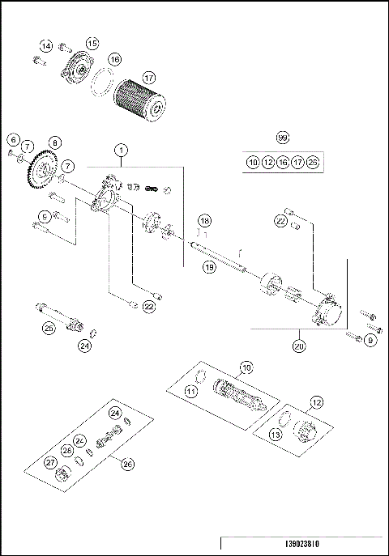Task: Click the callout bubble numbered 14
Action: (46, 46)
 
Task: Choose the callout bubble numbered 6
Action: (13, 139)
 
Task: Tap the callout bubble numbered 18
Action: (204, 220)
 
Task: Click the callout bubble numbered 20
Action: (300, 346)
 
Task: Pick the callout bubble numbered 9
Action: (370, 340)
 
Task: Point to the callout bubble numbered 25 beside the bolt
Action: (49, 328)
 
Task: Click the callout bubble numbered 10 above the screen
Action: (246, 368)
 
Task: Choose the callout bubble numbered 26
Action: (126, 463)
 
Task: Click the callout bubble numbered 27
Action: (51, 462)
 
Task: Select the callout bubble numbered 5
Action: (45, 214)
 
